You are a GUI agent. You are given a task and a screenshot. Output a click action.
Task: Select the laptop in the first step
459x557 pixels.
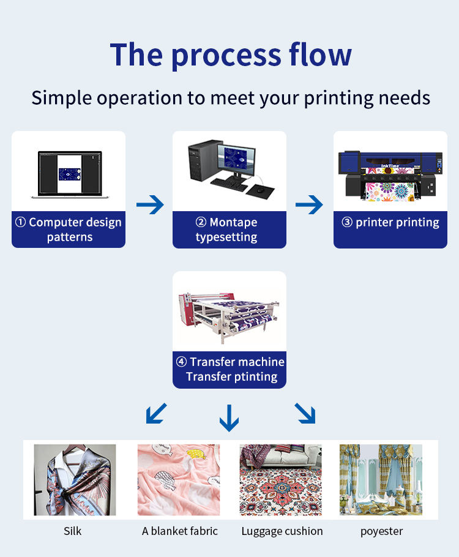click(x=70, y=174)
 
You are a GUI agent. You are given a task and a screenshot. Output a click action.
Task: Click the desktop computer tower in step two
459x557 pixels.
click(x=203, y=160)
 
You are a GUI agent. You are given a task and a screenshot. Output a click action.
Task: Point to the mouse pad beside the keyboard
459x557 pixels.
click(x=261, y=192)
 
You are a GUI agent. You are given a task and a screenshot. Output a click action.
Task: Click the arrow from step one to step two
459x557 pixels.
click(x=150, y=204)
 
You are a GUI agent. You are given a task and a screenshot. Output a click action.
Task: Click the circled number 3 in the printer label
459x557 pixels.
click(x=347, y=222)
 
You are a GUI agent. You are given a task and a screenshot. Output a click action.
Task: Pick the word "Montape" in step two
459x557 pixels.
click(x=233, y=222)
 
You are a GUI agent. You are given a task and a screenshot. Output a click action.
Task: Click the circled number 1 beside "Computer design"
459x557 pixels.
click(x=21, y=222)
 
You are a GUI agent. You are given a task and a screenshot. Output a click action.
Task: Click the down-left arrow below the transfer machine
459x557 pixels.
click(x=156, y=414)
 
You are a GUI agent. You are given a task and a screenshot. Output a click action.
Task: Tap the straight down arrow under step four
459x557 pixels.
click(x=229, y=418)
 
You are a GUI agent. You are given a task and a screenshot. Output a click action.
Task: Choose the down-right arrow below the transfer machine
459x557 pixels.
click(x=305, y=414)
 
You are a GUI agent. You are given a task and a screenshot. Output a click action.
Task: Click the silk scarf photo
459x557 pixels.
click(x=75, y=480)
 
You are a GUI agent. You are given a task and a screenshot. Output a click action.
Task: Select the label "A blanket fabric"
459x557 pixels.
click(x=180, y=531)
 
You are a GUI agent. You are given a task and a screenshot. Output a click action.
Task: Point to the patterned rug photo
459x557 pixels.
click(x=281, y=480)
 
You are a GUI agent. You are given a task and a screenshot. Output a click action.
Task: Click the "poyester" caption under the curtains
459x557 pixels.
click(x=381, y=532)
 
